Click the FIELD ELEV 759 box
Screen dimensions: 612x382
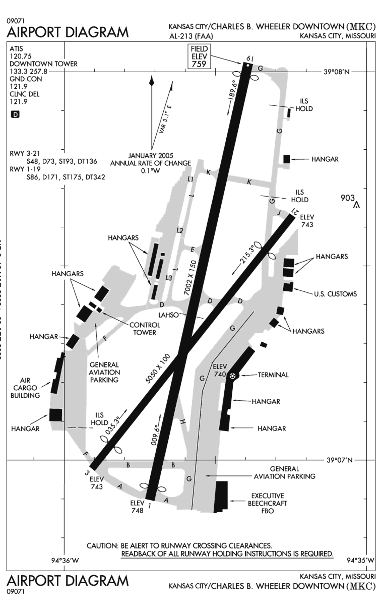tap(199, 56)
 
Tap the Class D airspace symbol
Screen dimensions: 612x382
tap(15, 114)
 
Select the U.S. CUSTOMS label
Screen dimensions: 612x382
tap(335, 294)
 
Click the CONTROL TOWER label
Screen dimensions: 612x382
tap(145, 329)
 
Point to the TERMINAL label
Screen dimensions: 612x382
tap(273, 375)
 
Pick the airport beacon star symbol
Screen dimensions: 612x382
tap(233, 376)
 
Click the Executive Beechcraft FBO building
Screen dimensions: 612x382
tap(221, 496)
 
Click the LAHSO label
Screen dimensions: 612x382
tap(168, 315)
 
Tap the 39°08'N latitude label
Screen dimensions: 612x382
tap(336, 72)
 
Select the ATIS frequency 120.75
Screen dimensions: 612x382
tap(20, 56)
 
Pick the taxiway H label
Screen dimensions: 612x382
tap(182, 422)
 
